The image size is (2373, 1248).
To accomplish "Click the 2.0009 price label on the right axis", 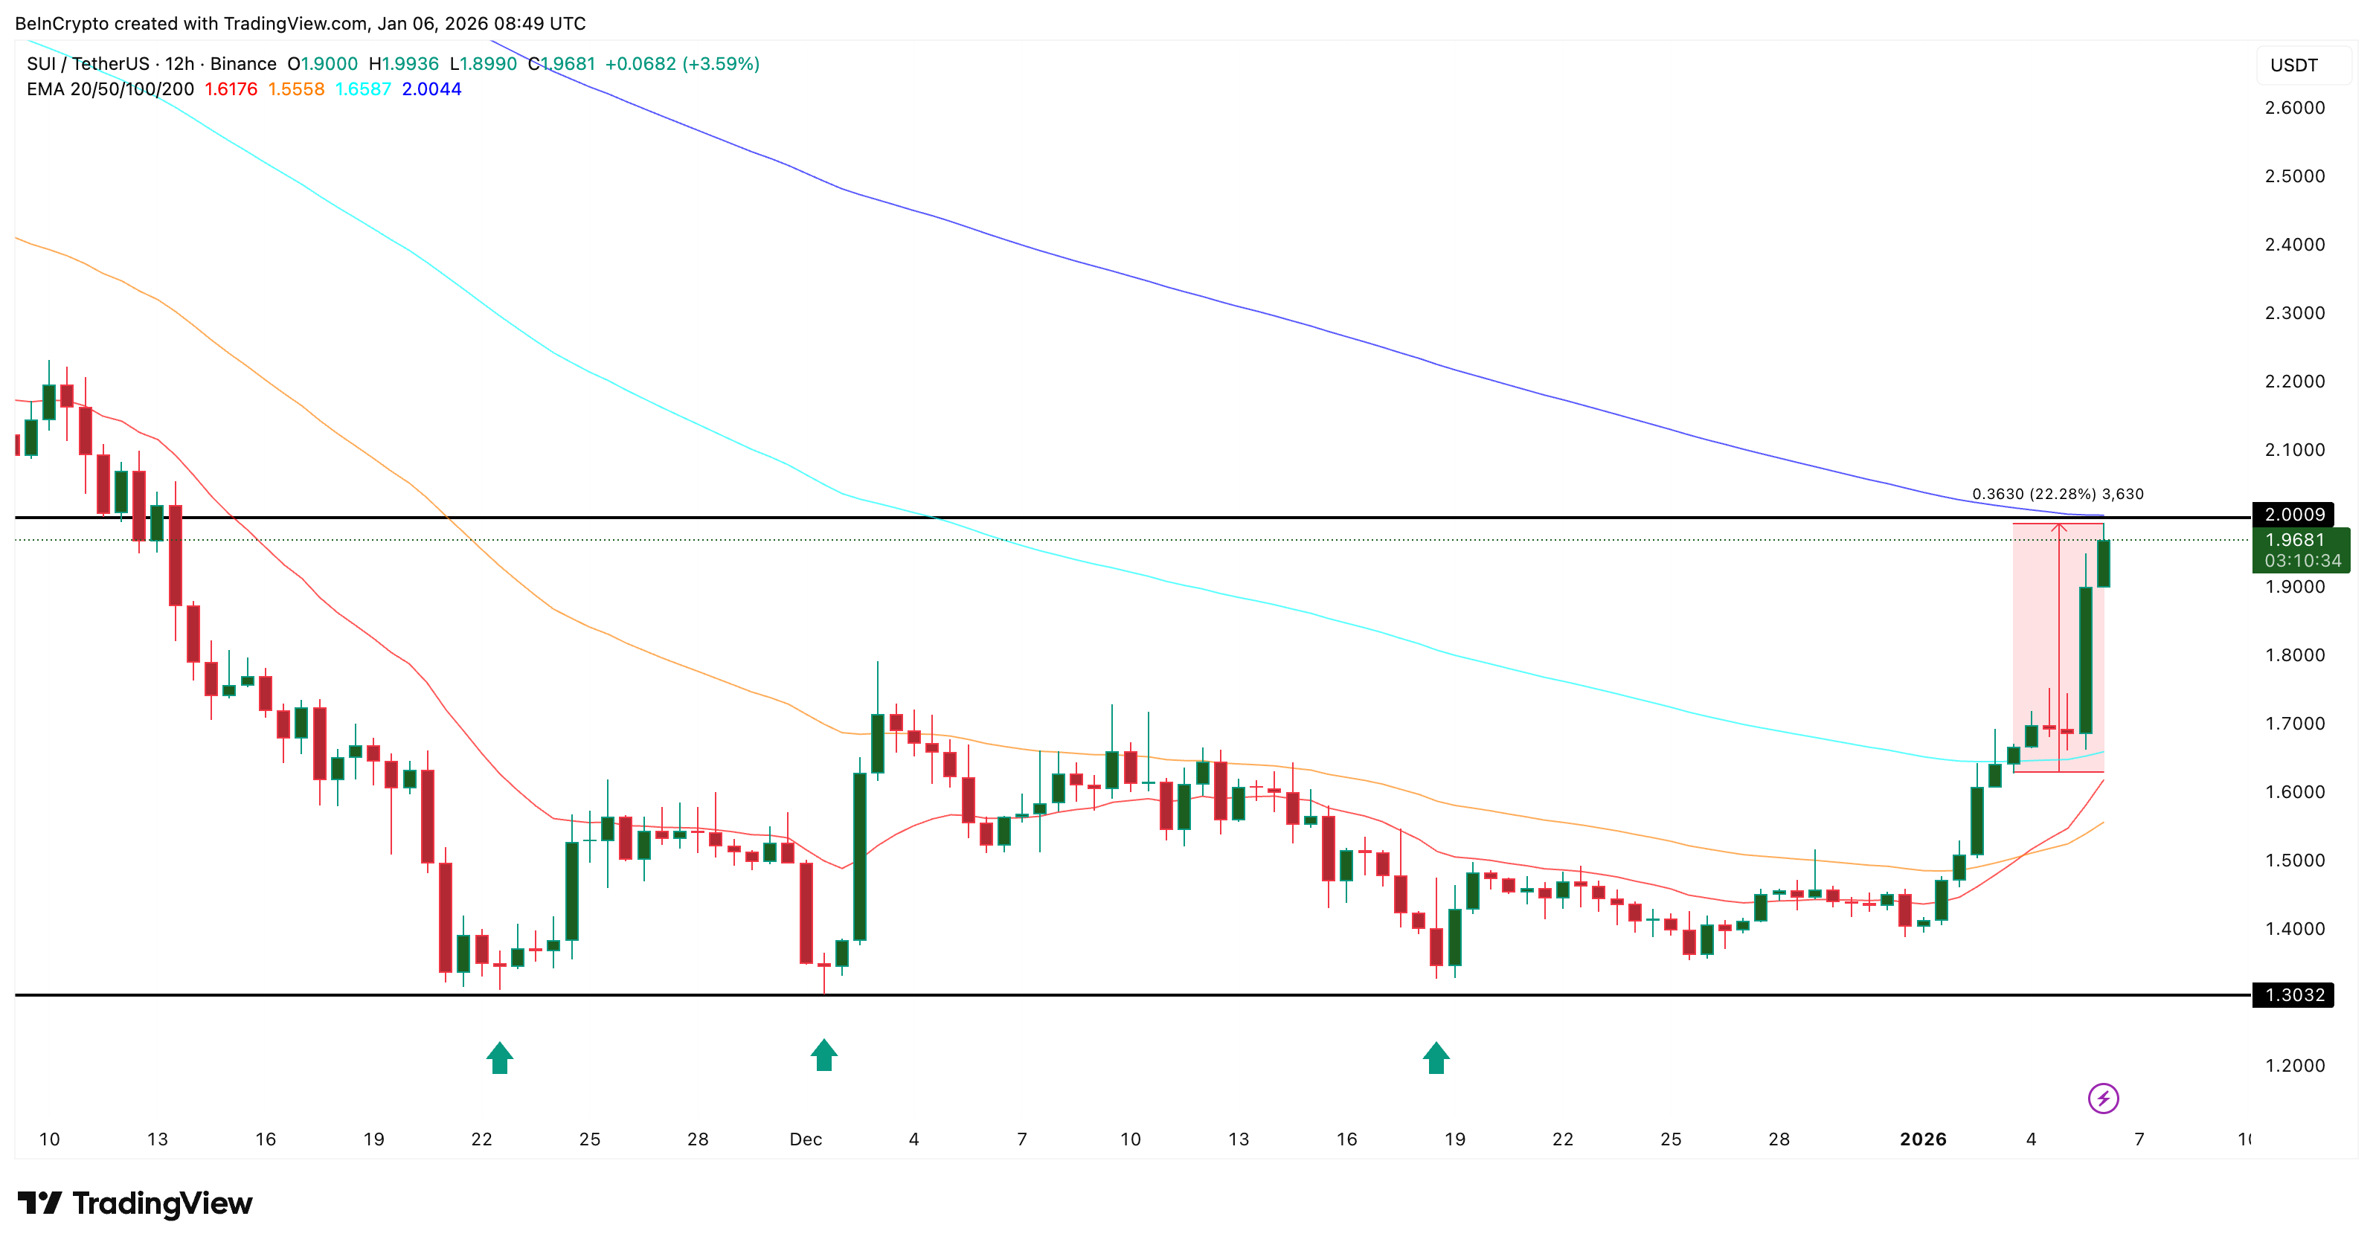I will coord(2294,514).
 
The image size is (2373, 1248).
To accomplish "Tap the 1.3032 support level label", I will coord(2294,994).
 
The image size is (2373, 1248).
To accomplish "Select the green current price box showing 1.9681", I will coord(2301,550).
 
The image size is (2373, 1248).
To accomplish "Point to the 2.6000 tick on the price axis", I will coord(2294,108).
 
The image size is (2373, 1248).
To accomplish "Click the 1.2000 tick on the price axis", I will coord(2294,1066).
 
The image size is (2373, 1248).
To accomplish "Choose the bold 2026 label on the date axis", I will coord(1922,1139).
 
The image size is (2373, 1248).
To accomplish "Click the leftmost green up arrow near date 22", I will coord(499,1058).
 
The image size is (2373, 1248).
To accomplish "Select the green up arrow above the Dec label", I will coord(823,1055).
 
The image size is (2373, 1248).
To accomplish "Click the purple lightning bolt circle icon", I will coord(2103,1098).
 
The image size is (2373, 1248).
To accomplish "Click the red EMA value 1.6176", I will coord(231,89).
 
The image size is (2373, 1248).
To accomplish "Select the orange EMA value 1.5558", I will coord(296,89).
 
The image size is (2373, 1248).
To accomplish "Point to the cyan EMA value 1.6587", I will coord(363,89).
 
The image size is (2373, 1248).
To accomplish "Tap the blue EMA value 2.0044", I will coord(431,89).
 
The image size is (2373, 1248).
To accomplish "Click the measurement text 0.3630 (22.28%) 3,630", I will coord(2057,495).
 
